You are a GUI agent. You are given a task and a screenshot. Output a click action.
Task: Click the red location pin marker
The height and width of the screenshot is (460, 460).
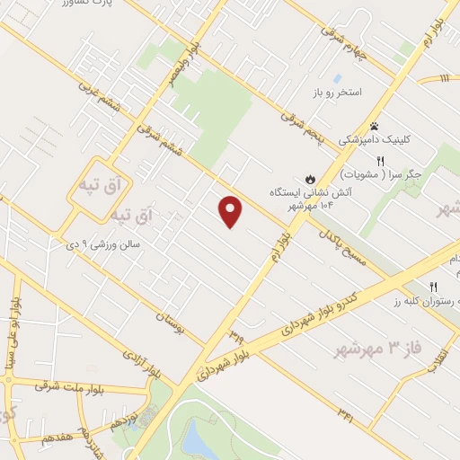[x=232, y=210]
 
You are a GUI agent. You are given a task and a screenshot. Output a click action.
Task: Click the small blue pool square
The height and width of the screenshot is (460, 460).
[x=337, y=79]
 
